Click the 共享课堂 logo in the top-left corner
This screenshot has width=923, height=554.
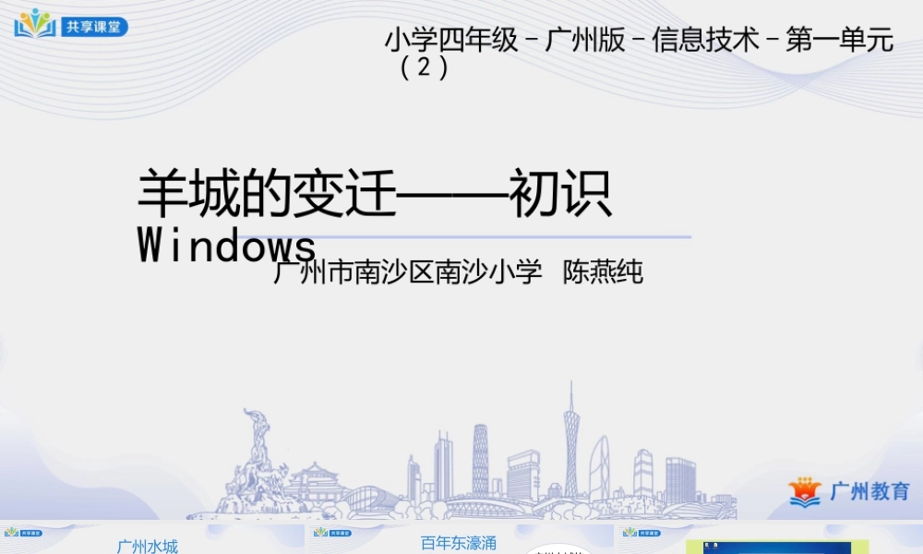pos(70,24)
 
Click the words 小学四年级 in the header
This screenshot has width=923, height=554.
pos(451,42)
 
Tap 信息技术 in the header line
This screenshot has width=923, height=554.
pos(705,42)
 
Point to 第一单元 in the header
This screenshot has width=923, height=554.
pos(839,42)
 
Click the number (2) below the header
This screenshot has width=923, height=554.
pos(425,68)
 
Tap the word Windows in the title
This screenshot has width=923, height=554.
pos(227,246)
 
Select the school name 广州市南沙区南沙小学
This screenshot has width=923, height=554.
pos(408,272)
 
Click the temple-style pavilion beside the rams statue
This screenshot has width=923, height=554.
pos(314,485)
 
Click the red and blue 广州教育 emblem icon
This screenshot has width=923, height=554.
pos(805,491)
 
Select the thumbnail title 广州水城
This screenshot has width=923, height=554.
pos(147,546)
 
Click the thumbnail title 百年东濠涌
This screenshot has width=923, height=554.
pos(459,544)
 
